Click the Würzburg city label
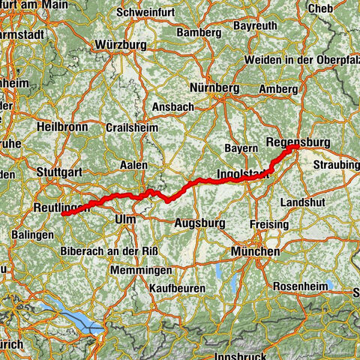coord(121,45)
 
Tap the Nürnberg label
coord(215,88)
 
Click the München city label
coord(256,252)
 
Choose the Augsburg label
coord(199,223)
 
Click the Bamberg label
coord(198,34)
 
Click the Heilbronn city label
coord(61,127)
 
